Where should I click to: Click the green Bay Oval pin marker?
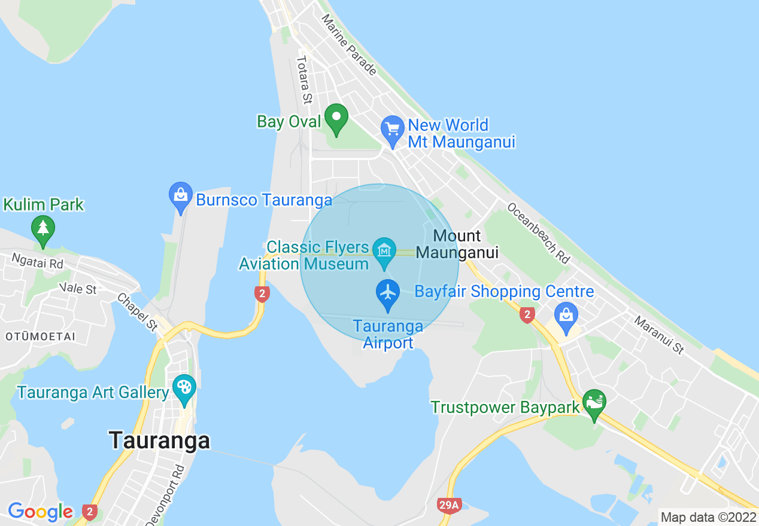point(336,118)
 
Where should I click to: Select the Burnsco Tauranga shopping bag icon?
point(181,196)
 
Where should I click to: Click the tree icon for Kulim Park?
point(42,230)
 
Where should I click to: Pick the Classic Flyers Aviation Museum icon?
point(384,251)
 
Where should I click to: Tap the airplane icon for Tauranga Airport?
point(388,294)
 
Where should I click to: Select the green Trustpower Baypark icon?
point(594,403)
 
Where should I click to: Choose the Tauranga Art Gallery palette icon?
point(184,388)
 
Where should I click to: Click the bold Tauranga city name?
point(160,441)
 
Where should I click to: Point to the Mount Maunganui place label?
point(457,244)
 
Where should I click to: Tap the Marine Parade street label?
point(349,45)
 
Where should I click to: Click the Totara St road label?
point(305,79)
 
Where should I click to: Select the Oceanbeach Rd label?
point(538,233)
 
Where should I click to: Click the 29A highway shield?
point(448,506)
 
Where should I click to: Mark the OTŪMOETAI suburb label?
point(40,337)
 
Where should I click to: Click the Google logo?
point(40,512)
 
